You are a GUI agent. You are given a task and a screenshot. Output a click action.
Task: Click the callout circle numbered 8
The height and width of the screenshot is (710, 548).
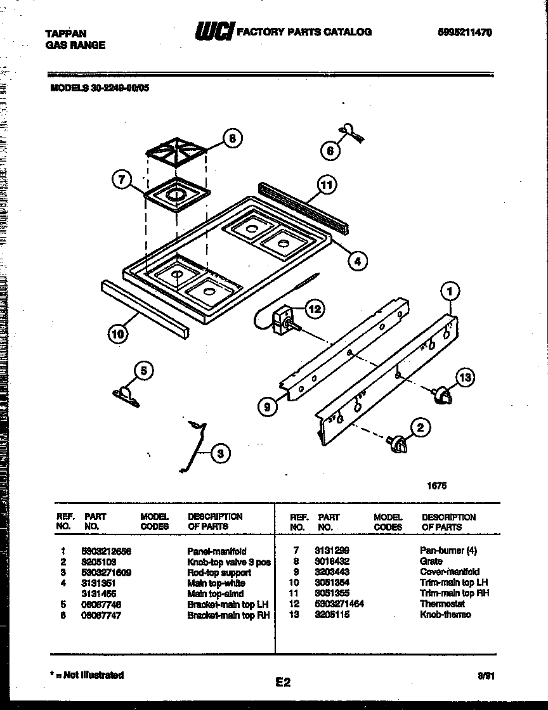pyautogui.click(x=233, y=139)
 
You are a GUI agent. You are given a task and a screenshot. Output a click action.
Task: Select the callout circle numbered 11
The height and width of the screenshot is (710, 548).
pyautogui.click(x=326, y=186)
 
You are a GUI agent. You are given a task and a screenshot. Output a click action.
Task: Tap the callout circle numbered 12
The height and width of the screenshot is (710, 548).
pyautogui.click(x=315, y=309)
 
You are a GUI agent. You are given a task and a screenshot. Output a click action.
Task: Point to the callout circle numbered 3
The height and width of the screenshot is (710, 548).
pyautogui.click(x=219, y=453)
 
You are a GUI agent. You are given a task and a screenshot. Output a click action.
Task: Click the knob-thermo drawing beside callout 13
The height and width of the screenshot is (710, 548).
pyautogui.click(x=441, y=396)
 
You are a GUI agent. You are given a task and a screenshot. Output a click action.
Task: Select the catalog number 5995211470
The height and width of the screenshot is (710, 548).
pyautogui.click(x=464, y=32)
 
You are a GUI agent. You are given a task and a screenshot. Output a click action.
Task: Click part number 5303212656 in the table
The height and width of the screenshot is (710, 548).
pyautogui.click(x=107, y=552)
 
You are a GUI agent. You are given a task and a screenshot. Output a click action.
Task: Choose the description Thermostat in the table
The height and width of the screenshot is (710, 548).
pyautogui.click(x=442, y=603)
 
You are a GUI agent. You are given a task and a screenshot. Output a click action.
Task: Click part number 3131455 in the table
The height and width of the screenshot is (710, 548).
pyautogui.click(x=100, y=593)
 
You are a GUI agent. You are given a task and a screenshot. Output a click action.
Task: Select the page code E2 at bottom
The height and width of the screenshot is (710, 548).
pyautogui.click(x=283, y=682)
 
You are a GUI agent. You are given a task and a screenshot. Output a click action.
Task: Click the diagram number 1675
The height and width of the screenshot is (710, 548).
pyautogui.click(x=436, y=486)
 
